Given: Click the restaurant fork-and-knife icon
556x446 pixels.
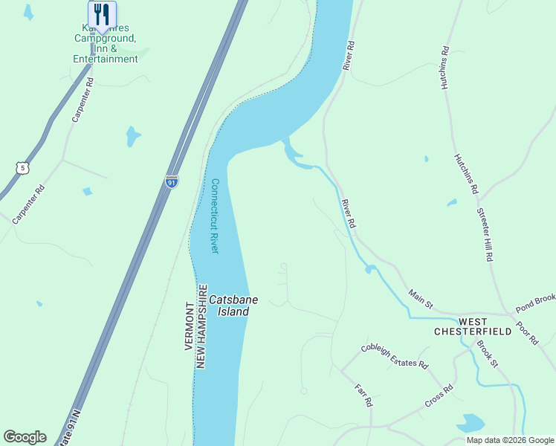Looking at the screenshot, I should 102,15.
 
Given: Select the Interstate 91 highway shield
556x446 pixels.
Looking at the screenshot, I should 172,181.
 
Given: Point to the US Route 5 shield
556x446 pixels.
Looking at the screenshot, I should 23,168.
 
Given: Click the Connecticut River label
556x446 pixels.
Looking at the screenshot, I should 215,216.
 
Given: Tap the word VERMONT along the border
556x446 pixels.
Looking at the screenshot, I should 189,326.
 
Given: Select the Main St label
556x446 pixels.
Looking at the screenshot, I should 421,299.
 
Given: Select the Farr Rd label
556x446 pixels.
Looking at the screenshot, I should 363,395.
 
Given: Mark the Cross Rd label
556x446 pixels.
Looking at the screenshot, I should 439,396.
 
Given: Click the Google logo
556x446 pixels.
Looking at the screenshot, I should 25,437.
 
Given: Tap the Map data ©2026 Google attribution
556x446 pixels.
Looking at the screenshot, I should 509,440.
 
